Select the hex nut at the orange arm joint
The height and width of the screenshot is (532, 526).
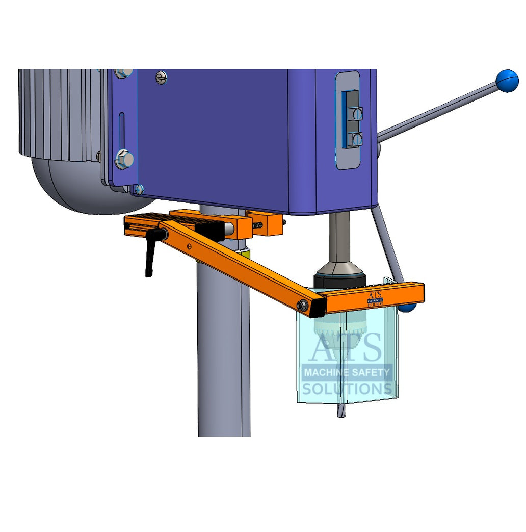pos(302,306)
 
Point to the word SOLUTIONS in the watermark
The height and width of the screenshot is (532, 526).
pos(347,389)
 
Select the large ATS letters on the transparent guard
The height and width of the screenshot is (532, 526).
pos(347,347)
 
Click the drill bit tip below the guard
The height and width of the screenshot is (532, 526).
pos(340,413)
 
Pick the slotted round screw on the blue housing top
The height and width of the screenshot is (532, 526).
pos(162,78)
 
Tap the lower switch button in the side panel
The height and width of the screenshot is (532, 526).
pos(357,138)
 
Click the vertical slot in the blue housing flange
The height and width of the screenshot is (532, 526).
pos(121,131)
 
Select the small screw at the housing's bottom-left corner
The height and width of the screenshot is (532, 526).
pos(139,190)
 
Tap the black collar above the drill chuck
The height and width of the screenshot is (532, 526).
pos(339,280)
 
